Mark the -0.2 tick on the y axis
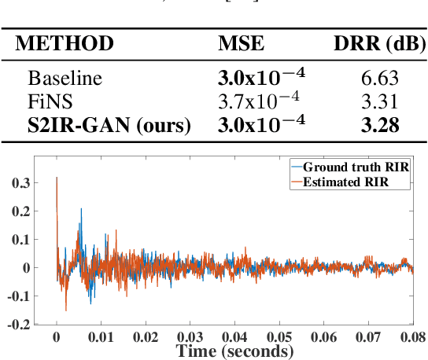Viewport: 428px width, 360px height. [31, 323]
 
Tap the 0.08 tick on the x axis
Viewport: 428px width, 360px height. [411, 337]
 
